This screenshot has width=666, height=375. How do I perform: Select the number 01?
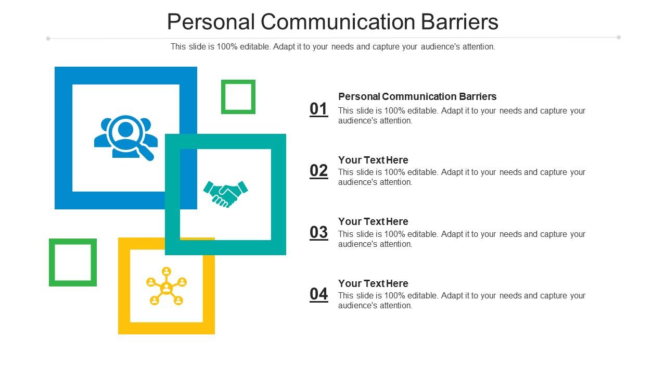(x=319, y=109)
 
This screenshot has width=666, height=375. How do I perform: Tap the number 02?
(x=319, y=171)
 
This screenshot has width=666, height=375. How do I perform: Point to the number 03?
(x=319, y=232)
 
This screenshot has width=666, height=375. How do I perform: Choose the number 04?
(x=319, y=294)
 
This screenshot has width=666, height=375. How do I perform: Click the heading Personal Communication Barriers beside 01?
(x=417, y=96)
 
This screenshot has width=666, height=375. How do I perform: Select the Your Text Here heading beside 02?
(x=373, y=160)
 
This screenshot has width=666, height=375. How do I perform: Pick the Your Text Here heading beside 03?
(x=373, y=221)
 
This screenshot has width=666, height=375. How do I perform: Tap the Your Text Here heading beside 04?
(x=373, y=283)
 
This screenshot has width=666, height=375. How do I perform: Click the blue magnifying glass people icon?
(x=125, y=137)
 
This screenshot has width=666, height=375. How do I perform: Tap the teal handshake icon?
(x=225, y=194)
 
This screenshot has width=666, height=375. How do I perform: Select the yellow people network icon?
(x=166, y=286)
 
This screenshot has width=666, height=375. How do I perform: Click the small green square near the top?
(x=238, y=96)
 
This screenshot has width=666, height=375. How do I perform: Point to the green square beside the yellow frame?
(x=73, y=262)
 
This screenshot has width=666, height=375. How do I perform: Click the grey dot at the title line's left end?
(x=48, y=38)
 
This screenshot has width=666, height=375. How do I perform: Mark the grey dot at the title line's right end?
(x=619, y=37)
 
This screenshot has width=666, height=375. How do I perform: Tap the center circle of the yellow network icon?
(x=166, y=287)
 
